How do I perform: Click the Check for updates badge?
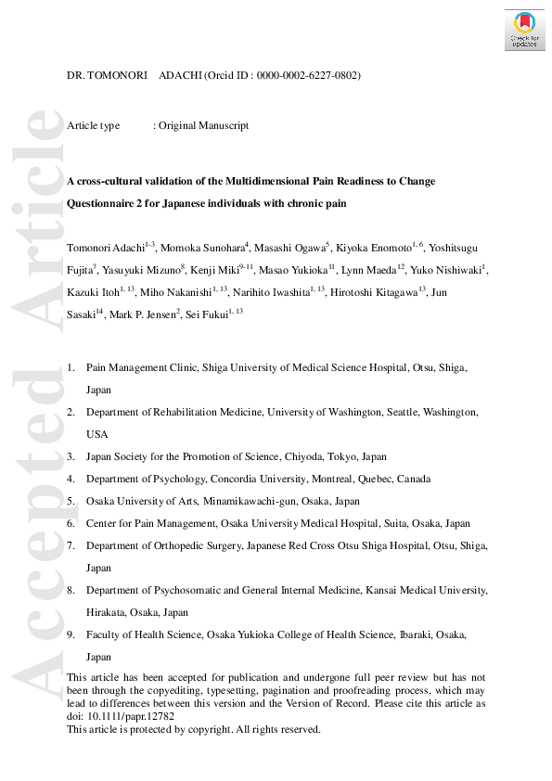[x=524, y=31]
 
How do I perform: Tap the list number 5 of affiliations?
[x=71, y=501]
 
